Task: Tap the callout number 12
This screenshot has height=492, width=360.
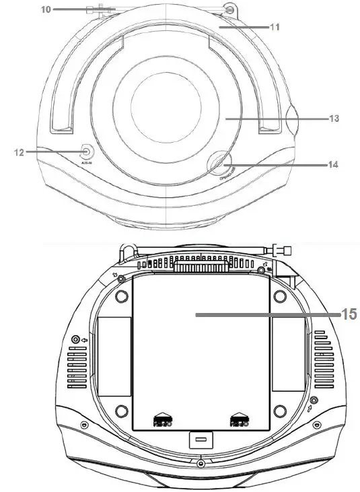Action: coord(19,153)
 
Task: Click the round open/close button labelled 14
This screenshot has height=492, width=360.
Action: coord(219,163)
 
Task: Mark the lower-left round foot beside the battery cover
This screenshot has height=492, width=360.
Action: coord(120,411)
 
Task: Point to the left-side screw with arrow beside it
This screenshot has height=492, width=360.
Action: coord(75,339)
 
